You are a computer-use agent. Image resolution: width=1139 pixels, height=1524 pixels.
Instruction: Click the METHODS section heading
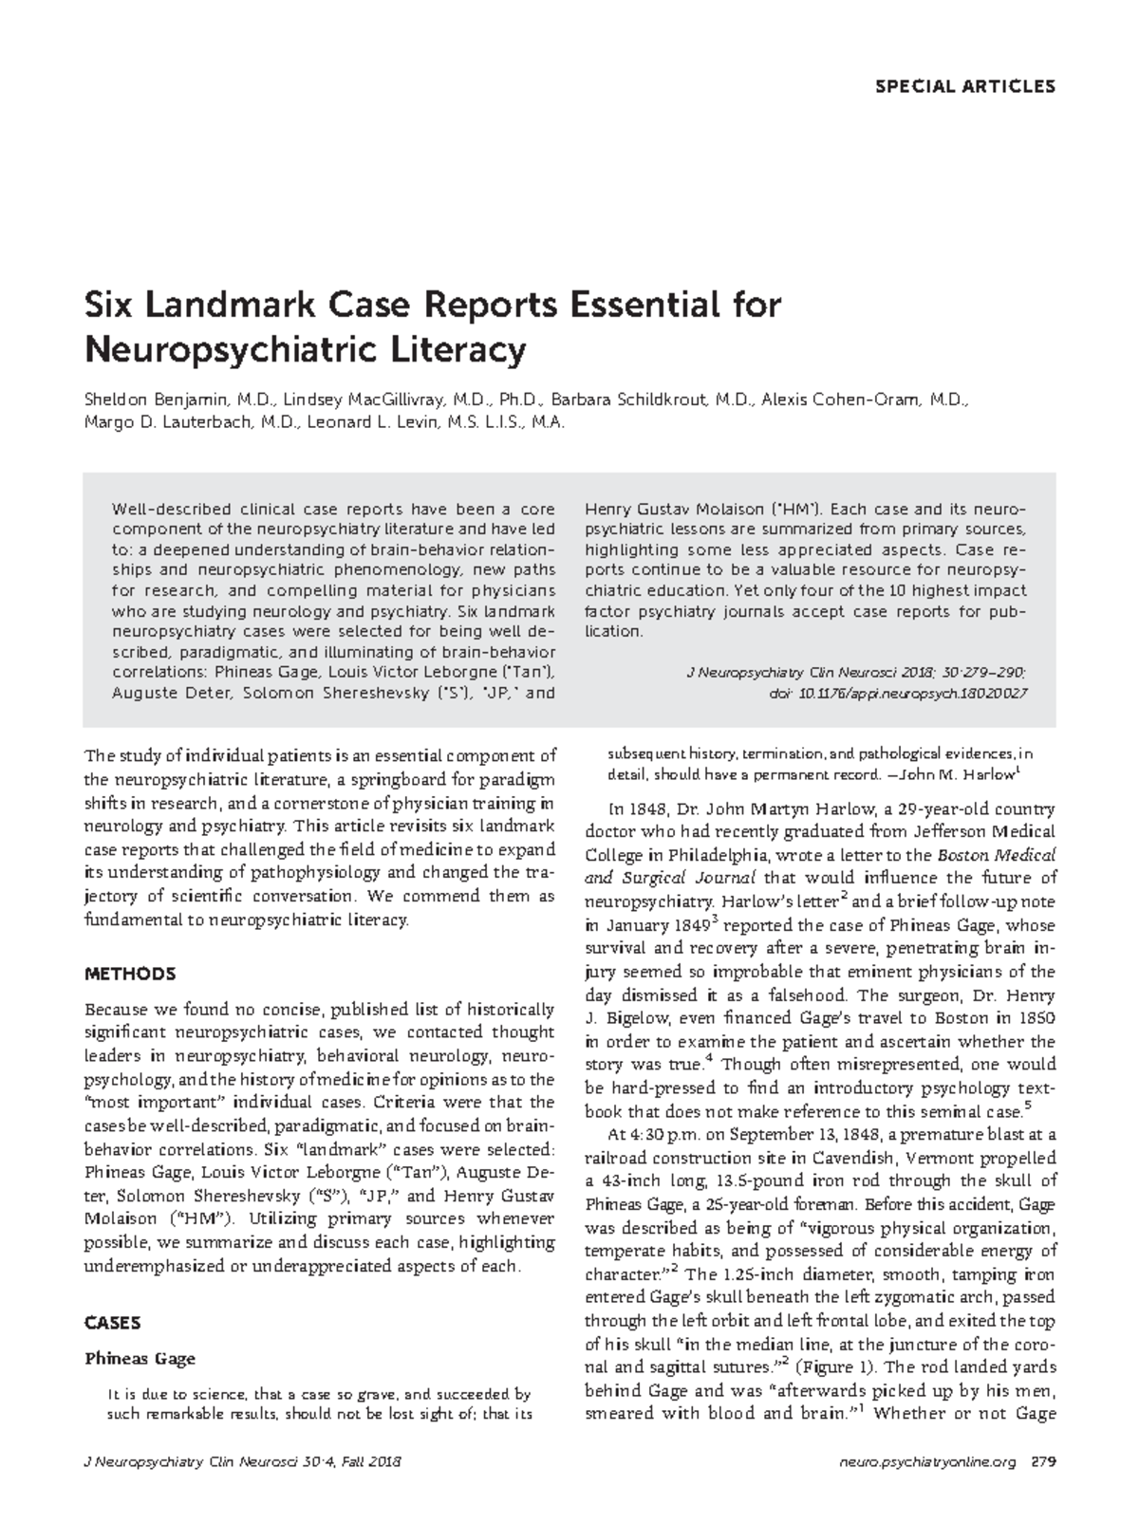tap(130, 974)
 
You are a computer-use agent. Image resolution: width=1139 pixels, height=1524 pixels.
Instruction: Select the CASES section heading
tap(113, 1323)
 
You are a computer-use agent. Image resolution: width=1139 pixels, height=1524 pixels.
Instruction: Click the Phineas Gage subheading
tap(140, 1358)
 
